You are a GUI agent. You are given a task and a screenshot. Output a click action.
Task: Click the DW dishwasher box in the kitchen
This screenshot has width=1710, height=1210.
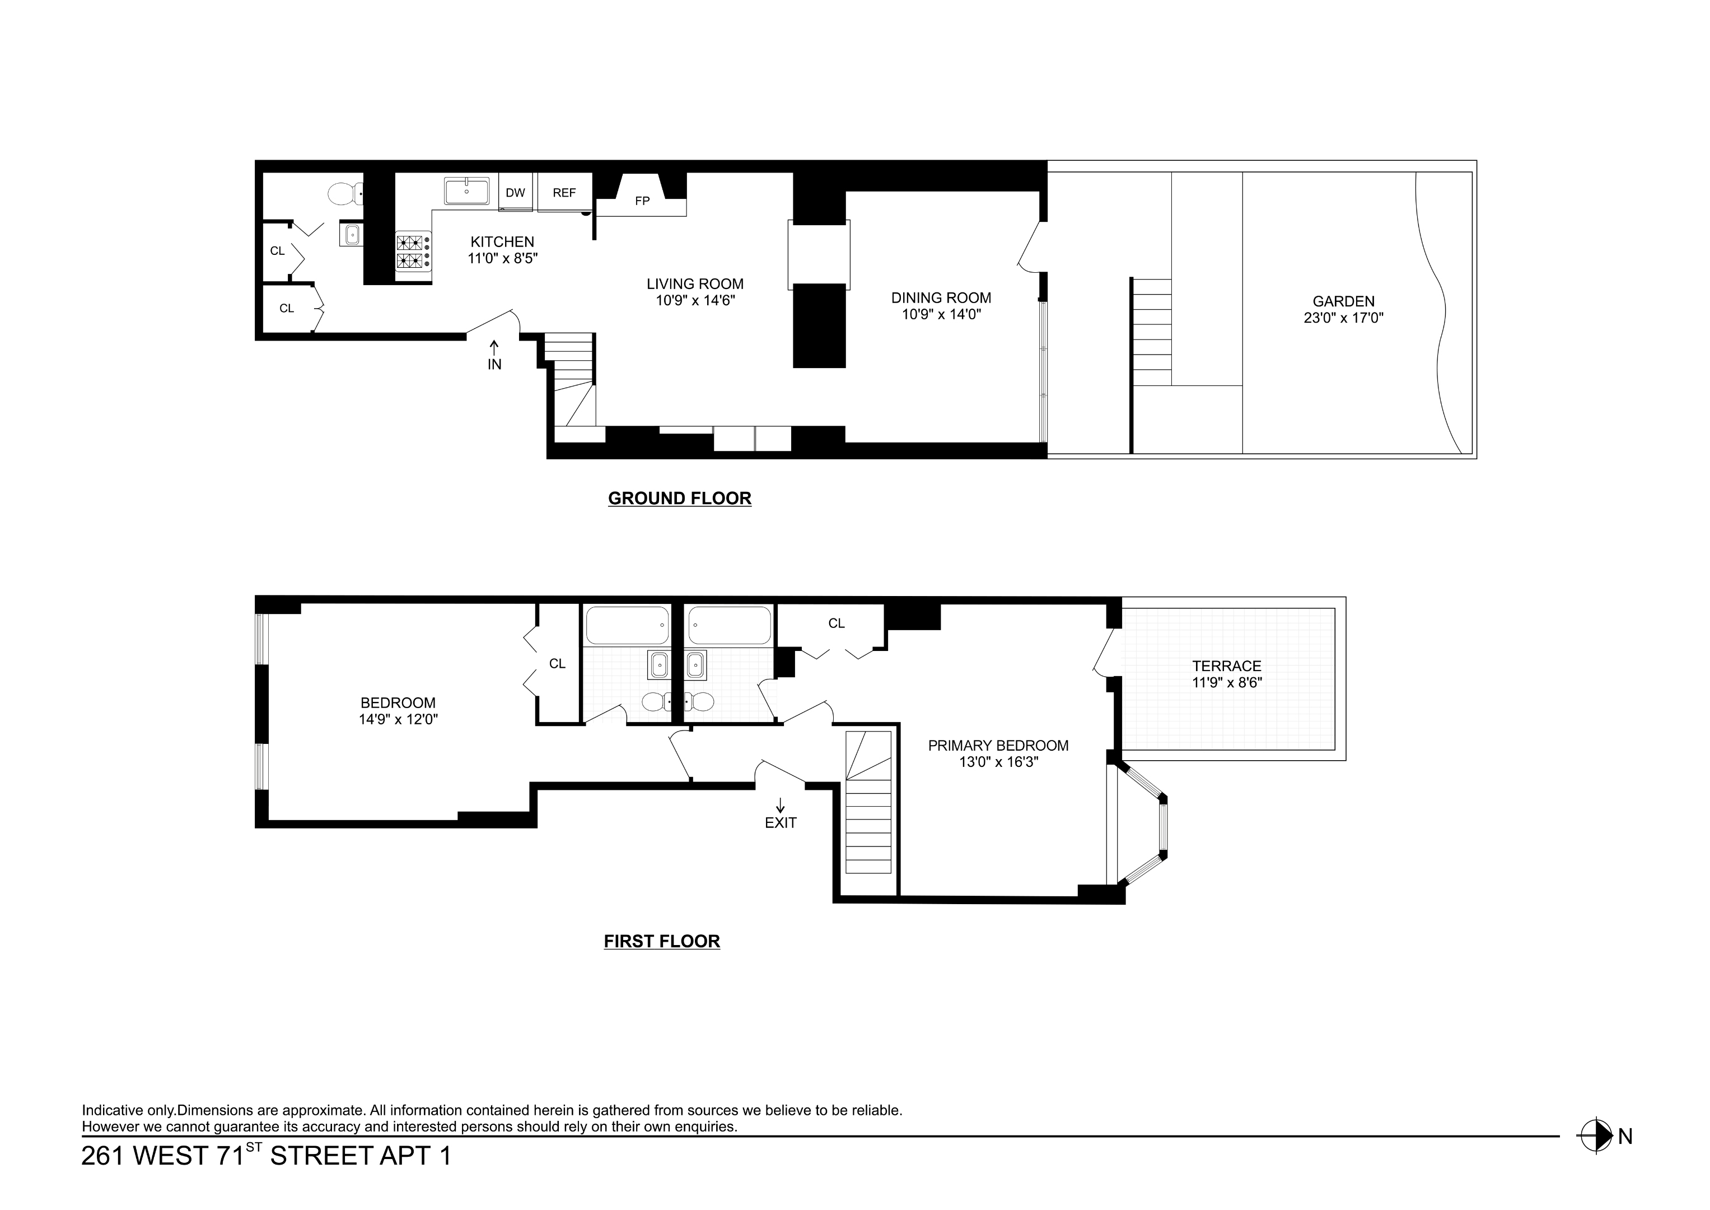515,192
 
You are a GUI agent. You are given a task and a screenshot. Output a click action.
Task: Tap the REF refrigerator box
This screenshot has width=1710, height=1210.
564,192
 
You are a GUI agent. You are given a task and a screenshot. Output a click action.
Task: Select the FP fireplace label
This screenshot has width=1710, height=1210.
642,201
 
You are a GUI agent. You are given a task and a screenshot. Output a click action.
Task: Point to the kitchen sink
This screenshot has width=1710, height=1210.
467,190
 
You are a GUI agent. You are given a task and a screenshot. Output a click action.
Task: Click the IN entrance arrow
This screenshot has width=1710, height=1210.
494,347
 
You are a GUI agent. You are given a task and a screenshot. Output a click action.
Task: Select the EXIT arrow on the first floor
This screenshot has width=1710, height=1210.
780,806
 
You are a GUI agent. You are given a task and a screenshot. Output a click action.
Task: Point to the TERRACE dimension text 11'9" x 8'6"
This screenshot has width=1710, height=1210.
1227,682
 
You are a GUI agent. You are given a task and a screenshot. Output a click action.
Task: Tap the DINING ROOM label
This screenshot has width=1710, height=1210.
941,297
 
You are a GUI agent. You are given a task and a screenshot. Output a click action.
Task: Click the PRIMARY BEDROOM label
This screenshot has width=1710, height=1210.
998,745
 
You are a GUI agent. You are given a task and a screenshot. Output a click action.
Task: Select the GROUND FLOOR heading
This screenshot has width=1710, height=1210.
679,499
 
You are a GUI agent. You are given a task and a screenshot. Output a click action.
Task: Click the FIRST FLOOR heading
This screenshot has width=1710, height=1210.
661,941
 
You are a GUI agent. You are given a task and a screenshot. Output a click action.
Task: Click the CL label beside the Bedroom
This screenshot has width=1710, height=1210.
557,663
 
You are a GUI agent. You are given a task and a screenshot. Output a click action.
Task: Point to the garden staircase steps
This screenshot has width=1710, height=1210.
1151,332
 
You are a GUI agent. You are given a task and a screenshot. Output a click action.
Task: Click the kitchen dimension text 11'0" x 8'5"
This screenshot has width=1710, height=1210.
502,259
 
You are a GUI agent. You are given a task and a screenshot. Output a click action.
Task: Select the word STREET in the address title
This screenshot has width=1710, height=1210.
320,1156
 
